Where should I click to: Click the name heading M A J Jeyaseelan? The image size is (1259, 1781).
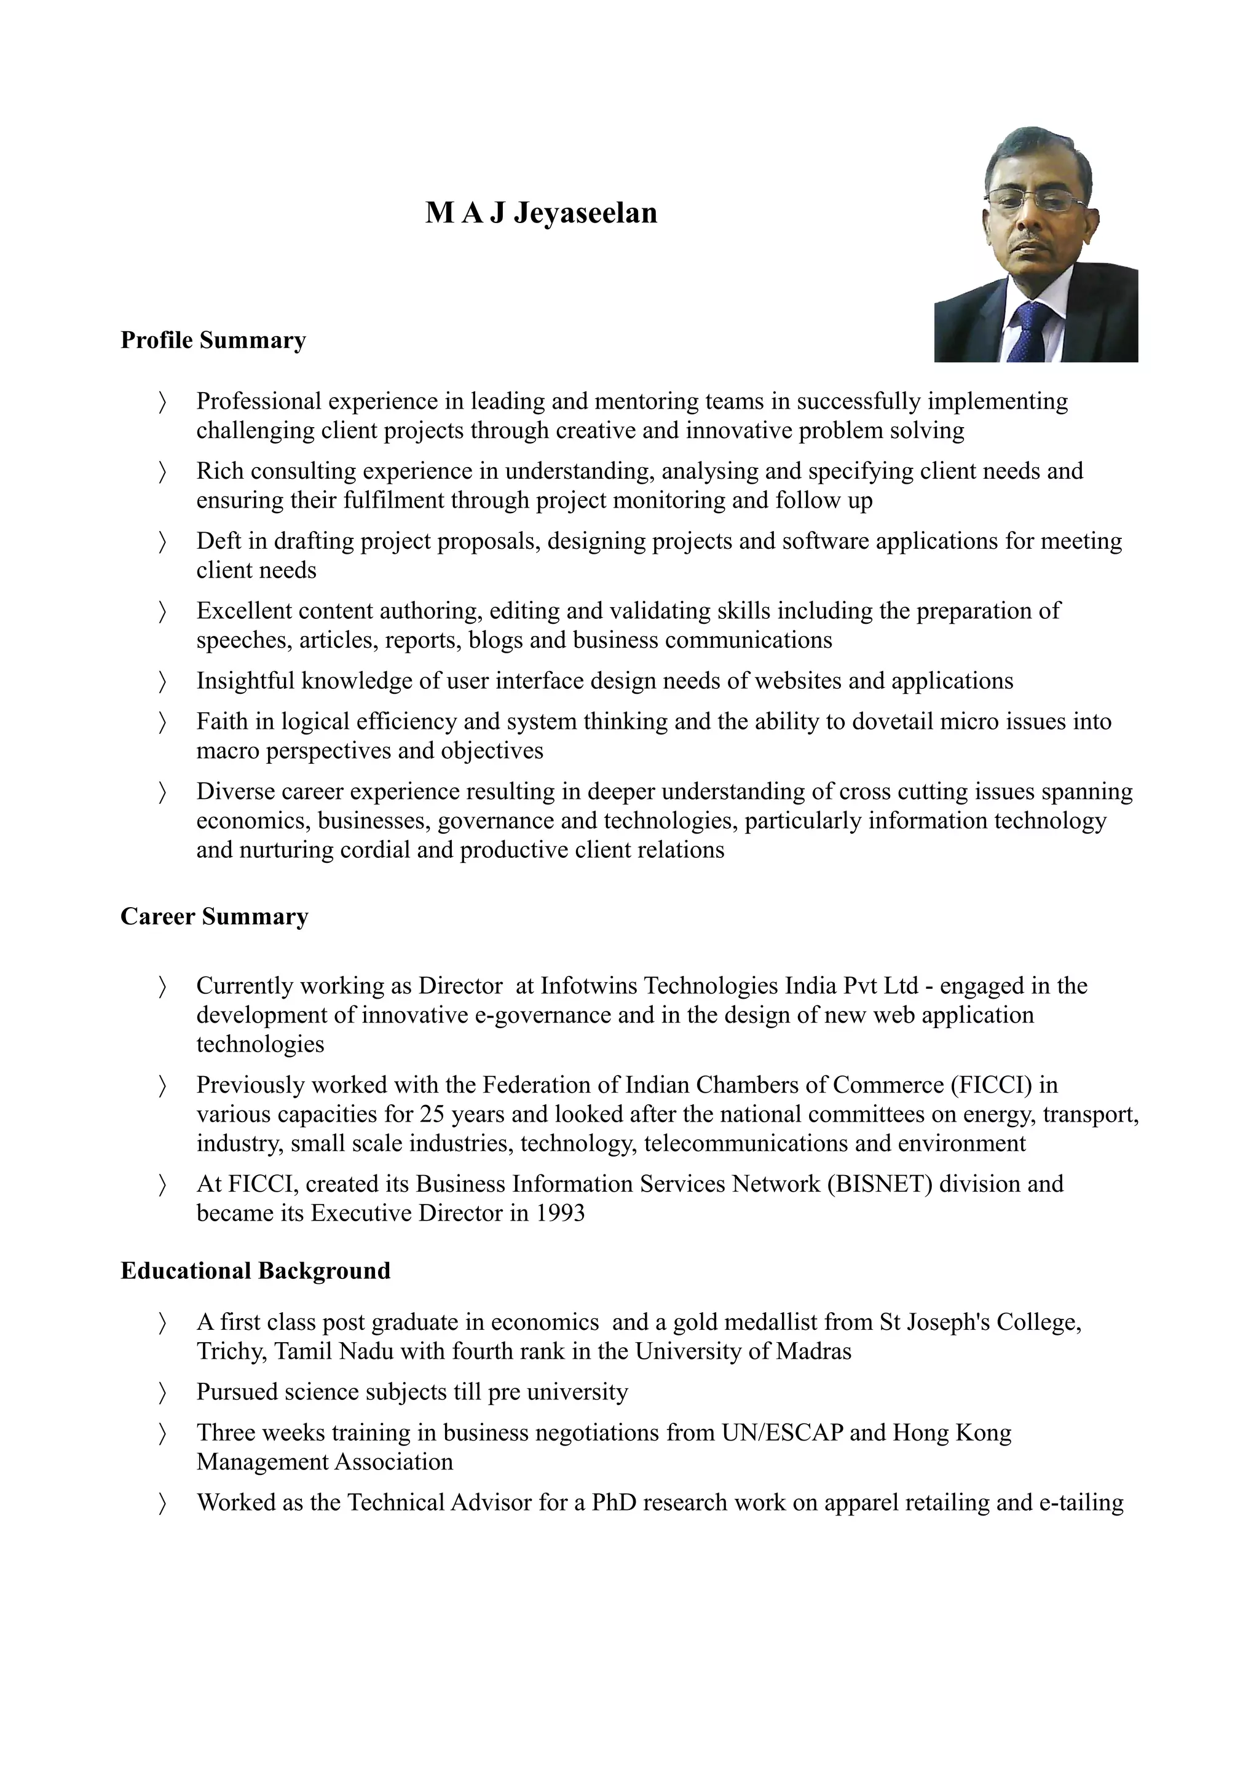[x=541, y=213]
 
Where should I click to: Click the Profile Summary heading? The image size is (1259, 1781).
[x=213, y=340]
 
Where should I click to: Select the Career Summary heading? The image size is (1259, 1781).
[x=214, y=916]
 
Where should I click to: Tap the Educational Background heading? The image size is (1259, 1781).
[x=255, y=1270]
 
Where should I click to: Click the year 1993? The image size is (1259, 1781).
[x=560, y=1213]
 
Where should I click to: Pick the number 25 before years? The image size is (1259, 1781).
[x=432, y=1114]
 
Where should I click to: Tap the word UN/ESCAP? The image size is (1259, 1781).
[x=782, y=1432]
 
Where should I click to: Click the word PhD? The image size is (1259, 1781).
[x=614, y=1503]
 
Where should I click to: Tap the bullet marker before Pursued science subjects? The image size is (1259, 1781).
[x=162, y=1393]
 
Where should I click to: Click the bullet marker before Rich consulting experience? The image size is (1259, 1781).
[x=162, y=471]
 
